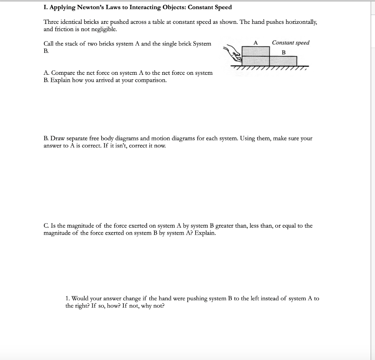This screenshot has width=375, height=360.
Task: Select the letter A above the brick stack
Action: click(x=256, y=43)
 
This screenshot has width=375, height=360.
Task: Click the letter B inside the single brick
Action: click(x=283, y=52)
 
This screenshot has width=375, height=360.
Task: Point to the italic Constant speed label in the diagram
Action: click(x=290, y=43)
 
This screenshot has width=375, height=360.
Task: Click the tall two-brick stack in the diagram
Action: click(x=256, y=56)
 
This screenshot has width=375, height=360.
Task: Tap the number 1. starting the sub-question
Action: click(x=68, y=298)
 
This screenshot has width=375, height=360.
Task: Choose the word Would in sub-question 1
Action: click(x=81, y=298)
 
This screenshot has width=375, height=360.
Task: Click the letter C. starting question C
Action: click(x=46, y=226)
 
